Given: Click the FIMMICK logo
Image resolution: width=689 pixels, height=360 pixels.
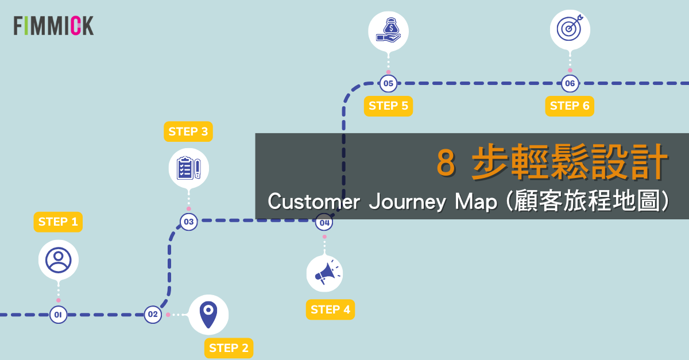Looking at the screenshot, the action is tap(53, 25).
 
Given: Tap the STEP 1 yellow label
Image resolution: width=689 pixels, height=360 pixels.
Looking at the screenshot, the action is tap(58, 222).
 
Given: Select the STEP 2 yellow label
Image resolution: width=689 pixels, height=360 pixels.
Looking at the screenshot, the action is tap(229, 348).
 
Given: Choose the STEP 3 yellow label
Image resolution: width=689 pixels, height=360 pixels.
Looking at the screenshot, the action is tap(188, 131).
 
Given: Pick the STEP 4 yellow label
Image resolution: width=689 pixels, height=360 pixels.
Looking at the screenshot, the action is tap(330, 309).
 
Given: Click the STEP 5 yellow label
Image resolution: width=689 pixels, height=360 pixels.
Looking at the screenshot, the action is tap(389, 106).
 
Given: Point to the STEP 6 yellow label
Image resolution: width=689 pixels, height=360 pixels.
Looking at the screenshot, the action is tap(570, 106).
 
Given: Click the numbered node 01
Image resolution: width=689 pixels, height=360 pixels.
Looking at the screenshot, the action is tap(58, 315).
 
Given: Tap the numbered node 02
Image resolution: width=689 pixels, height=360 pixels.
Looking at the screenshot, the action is tap(153, 315).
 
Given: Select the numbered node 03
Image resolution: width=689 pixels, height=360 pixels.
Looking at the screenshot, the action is tap(189, 222).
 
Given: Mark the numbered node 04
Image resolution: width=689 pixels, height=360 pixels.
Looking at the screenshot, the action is tap(324, 222).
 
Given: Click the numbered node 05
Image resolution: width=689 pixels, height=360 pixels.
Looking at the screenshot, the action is tap(389, 83).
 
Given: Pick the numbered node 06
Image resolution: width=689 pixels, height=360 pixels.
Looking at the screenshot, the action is tap(570, 83).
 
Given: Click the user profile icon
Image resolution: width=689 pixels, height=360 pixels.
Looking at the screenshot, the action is tap(59, 260).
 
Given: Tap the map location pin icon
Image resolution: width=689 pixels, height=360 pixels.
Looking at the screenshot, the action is tap(208, 315).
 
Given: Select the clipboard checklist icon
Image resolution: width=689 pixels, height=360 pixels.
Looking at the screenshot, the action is tap(189, 168).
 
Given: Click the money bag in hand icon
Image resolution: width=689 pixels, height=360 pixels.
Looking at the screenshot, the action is tap(389, 30).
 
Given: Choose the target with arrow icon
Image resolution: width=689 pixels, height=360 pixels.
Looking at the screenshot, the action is tap(570, 28).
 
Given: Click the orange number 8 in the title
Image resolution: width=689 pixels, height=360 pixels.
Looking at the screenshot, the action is tap(446, 162).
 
